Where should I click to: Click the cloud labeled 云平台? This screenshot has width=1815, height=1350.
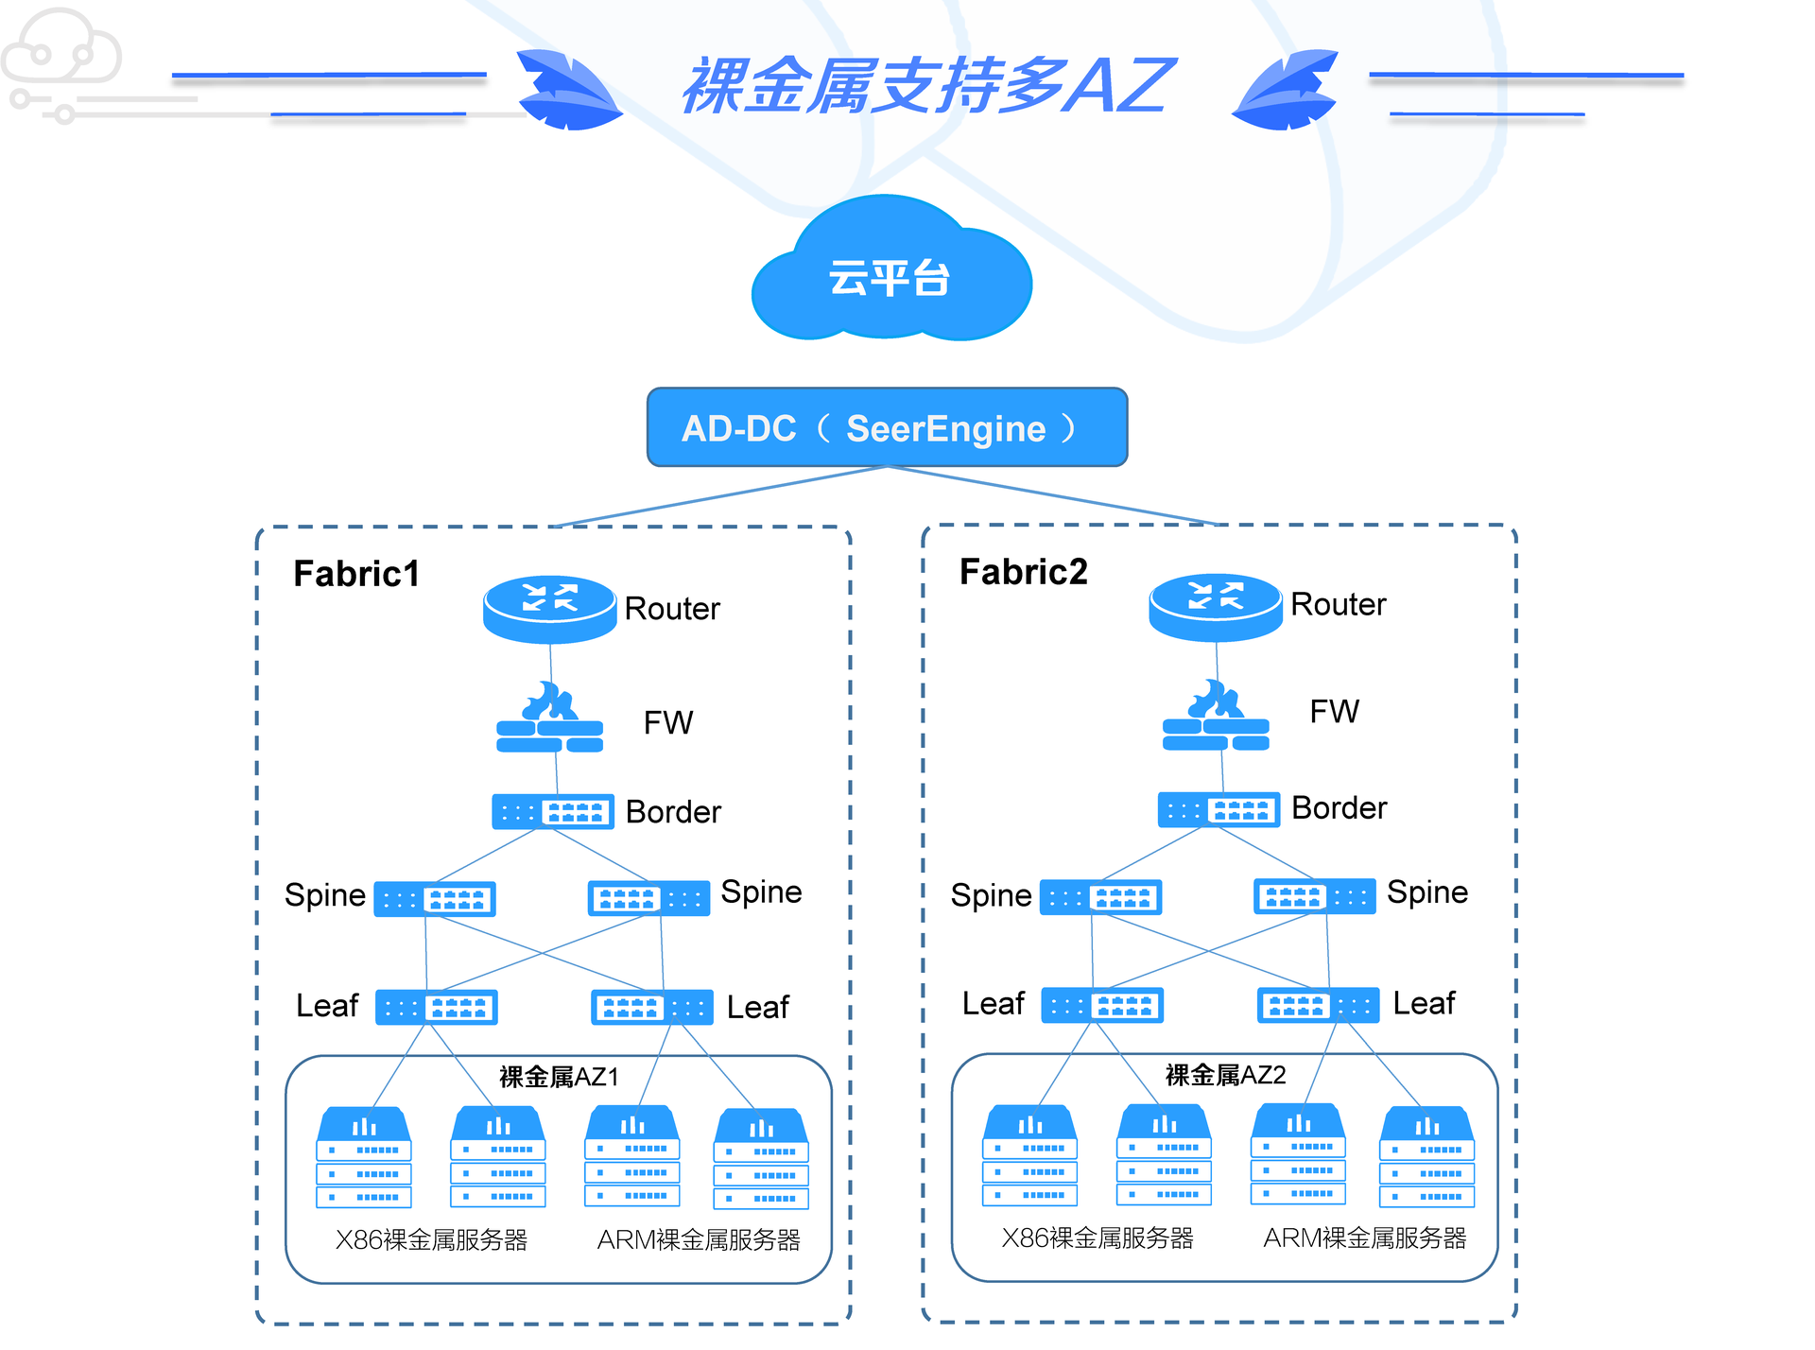pos(890,274)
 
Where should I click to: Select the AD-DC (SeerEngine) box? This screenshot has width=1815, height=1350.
pos(887,427)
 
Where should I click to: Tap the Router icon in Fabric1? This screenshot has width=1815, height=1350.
pos(549,608)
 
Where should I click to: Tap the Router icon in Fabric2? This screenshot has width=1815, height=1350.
pos(1215,606)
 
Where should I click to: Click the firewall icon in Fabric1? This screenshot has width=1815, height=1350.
pos(550,720)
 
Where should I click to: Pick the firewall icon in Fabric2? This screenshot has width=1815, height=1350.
pos(1216,718)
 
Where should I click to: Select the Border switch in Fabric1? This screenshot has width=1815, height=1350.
pos(553,812)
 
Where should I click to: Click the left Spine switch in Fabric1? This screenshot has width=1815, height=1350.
pos(435,899)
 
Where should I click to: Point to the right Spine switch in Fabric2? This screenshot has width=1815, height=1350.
pos(1314,896)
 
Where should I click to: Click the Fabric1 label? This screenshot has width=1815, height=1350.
pos(356,574)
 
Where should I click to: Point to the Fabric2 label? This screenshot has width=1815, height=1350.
pos(1023,572)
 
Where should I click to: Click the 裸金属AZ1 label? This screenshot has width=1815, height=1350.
pos(559,1077)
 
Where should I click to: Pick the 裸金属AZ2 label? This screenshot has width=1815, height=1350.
pos(1225,1075)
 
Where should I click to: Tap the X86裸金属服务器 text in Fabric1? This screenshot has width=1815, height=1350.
pos(431,1239)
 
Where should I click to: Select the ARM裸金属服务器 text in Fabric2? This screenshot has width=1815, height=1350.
pos(1364,1237)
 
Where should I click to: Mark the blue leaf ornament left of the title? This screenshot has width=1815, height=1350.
pos(568,91)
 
